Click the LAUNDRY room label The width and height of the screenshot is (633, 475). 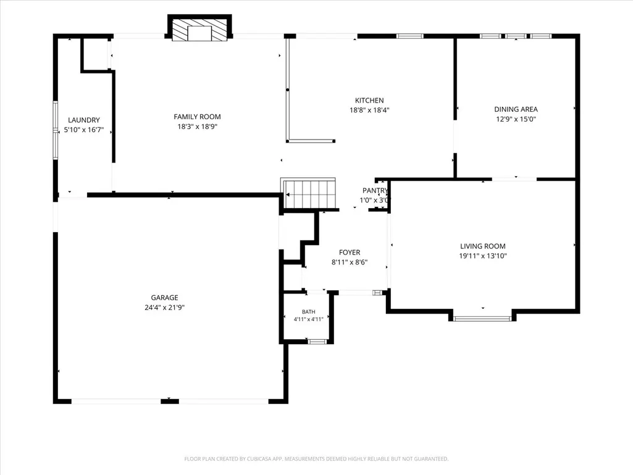point(83,120)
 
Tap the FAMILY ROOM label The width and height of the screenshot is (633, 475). point(198,117)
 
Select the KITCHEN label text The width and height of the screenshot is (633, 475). point(369,101)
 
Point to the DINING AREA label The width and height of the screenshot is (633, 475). point(516,109)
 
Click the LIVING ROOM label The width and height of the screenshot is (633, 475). point(483,246)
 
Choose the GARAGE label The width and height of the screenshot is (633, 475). point(165,298)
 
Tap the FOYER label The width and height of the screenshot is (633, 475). point(350,253)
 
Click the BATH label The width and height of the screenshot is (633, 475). point(309,312)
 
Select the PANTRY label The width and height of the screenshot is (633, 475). point(375,191)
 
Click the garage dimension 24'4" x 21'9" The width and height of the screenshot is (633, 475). point(165,308)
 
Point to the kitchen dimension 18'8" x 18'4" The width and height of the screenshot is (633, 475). point(369,110)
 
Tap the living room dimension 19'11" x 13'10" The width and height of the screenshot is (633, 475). point(483,256)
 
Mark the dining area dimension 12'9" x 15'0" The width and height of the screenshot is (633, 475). point(516,119)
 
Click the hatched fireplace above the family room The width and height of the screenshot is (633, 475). point(200,28)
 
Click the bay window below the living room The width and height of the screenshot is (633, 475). point(482,319)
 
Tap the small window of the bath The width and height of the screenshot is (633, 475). point(317,342)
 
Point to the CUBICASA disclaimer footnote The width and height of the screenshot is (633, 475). point(316,459)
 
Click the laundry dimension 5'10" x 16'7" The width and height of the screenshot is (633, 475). point(84,130)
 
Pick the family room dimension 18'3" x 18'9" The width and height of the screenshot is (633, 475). point(198,127)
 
